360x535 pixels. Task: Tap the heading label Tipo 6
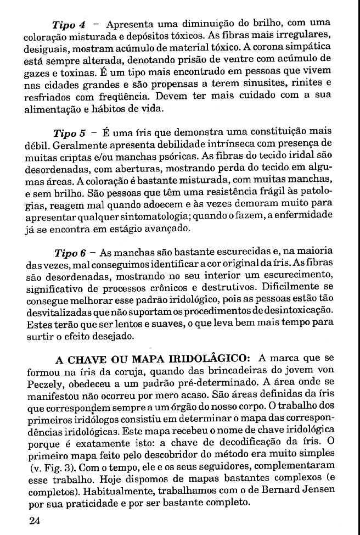tap(70, 253)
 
